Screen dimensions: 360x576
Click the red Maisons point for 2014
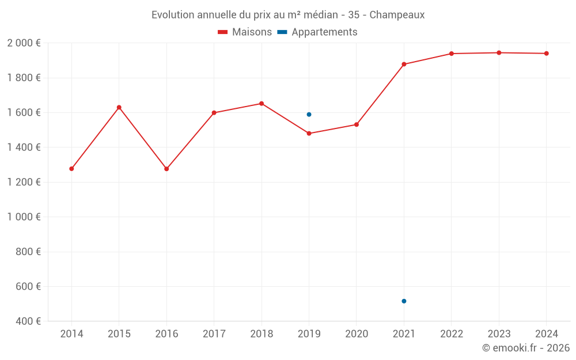tap(71, 169)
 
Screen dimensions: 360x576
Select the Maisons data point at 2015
tap(119, 108)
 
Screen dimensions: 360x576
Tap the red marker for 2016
tap(166, 169)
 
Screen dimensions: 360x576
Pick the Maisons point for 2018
tap(262, 104)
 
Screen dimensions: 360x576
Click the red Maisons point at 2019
tap(309, 134)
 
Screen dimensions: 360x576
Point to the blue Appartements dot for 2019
tap(309, 115)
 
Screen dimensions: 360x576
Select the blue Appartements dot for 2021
tap(404, 301)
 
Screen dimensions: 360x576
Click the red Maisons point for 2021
tap(404, 64)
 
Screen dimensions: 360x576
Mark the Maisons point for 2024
tap(547, 54)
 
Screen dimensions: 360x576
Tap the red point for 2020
tap(357, 124)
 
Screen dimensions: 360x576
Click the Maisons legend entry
tap(245, 32)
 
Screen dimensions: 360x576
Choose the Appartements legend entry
tap(317, 32)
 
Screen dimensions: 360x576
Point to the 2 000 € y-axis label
tap(24, 43)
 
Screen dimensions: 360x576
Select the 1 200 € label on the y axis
tap(24, 182)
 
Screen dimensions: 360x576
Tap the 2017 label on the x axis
tap(214, 334)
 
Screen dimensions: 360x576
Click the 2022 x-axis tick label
tap(452, 334)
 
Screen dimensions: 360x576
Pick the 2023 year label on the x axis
tap(499, 334)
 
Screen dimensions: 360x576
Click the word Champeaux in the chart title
tap(397, 15)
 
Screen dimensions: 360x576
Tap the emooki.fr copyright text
tap(526, 348)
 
